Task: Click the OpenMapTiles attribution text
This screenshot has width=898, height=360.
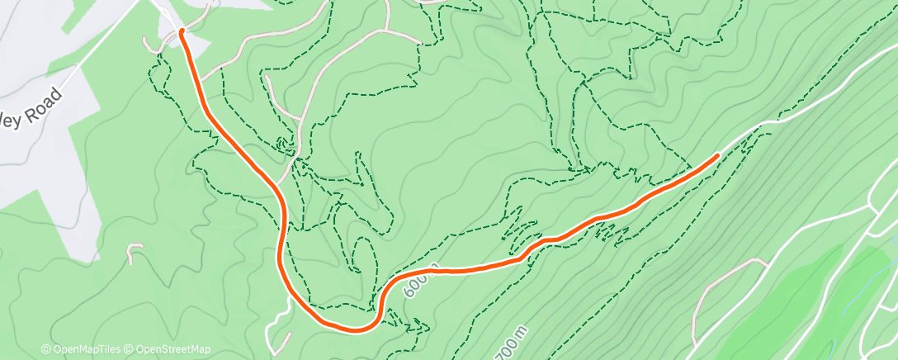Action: (86, 349)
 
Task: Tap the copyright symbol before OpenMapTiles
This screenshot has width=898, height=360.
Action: (45, 349)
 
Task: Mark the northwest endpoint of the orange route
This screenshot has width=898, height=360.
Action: (182, 31)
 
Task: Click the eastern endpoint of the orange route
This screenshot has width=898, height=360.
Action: (716, 154)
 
